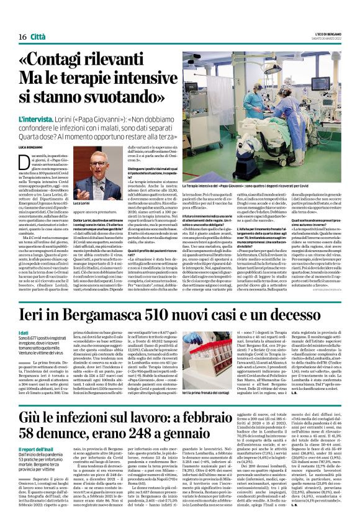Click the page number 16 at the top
click(14, 20)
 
